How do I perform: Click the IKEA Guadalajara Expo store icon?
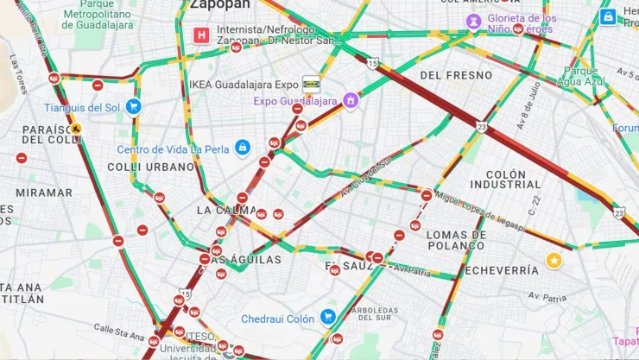311,85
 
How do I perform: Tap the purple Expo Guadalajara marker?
351,101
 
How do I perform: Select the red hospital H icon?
201,35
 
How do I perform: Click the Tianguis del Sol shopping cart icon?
133,106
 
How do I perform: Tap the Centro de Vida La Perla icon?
243,148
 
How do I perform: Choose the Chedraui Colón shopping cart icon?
327,318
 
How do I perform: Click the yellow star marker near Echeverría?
554,260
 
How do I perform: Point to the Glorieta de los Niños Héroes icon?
474,21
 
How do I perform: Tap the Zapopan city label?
214,4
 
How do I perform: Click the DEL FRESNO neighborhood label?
455,75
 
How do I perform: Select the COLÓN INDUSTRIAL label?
506,179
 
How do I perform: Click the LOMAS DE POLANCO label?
457,240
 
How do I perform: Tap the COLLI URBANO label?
151,167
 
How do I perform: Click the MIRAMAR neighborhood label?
44,193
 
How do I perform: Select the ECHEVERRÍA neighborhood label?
502,270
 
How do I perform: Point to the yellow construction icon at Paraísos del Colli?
77,129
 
